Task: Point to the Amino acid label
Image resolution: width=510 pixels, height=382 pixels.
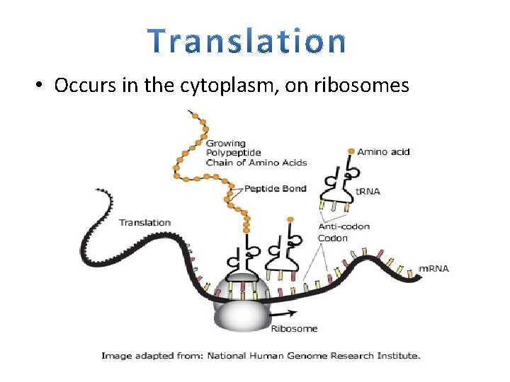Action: click(383, 152)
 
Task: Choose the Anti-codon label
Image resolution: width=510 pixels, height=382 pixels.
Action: click(344, 227)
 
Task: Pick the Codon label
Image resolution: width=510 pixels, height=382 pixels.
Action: click(332, 238)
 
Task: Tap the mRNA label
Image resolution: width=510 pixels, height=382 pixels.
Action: click(433, 269)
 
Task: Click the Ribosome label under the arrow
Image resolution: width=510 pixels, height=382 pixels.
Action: click(294, 329)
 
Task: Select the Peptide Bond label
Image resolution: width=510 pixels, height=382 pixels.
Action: click(275, 189)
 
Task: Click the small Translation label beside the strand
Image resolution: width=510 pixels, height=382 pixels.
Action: click(144, 222)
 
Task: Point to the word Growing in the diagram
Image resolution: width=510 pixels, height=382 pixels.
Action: click(225, 144)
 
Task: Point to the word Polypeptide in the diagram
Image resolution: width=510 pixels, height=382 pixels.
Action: click(233, 153)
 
